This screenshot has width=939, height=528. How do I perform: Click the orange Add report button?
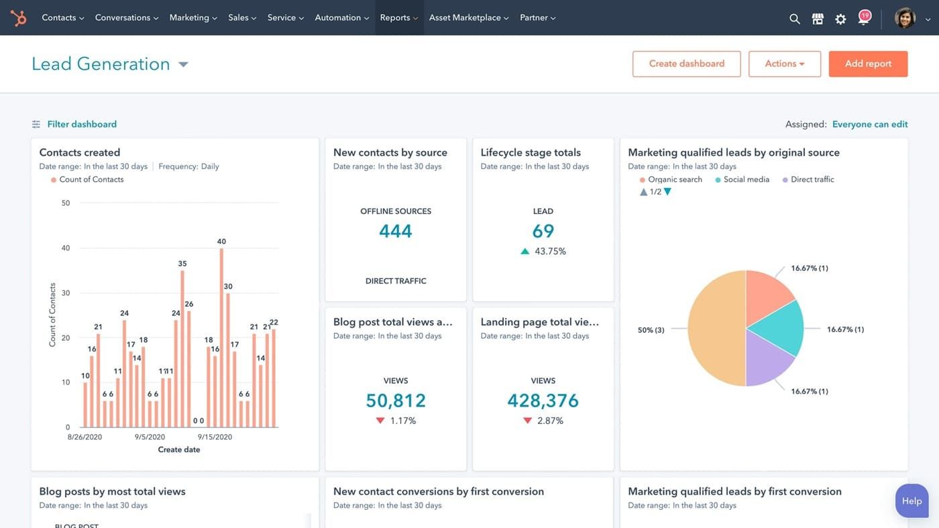tap(868, 64)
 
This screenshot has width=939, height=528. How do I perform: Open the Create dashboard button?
tap(686, 64)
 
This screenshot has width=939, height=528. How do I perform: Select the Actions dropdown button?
tap(784, 64)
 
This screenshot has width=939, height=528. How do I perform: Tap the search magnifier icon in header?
tap(794, 19)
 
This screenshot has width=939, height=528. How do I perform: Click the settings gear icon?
tap(840, 19)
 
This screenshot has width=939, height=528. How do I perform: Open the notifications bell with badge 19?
tap(863, 18)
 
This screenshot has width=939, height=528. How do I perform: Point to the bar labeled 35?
tap(182, 349)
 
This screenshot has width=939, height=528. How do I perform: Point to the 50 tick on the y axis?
tap(66, 203)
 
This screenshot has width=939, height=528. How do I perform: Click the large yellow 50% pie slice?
tap(714, 329)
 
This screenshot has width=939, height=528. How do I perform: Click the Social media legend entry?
tap(746, 180)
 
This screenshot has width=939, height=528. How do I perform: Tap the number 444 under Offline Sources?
tap(395, 231)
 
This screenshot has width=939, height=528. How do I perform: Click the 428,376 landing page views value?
tap(543, 401)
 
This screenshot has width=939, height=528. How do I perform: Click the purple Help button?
tap(912, 500)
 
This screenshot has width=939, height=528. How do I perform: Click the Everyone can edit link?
tap(869, 124)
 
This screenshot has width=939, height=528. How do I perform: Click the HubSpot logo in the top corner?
tap(19, 17)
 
